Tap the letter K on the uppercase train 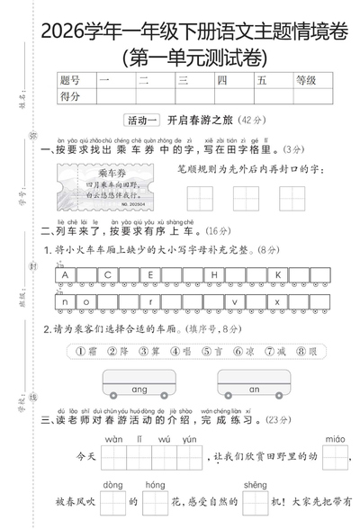278,275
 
